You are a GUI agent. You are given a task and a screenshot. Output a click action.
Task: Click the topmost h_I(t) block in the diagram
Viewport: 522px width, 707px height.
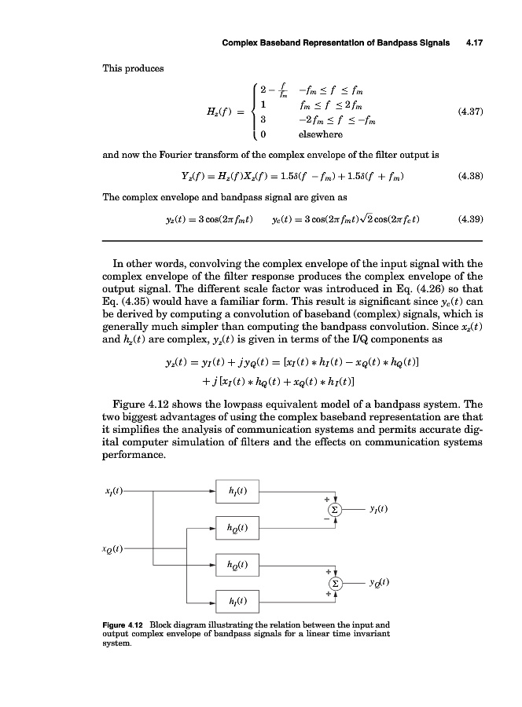pos(237,492)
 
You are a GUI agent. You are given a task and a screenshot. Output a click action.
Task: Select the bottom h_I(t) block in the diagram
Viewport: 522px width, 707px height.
pos(237,602)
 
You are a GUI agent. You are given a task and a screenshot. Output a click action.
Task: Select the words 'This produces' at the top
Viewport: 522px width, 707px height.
pos(133,68)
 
